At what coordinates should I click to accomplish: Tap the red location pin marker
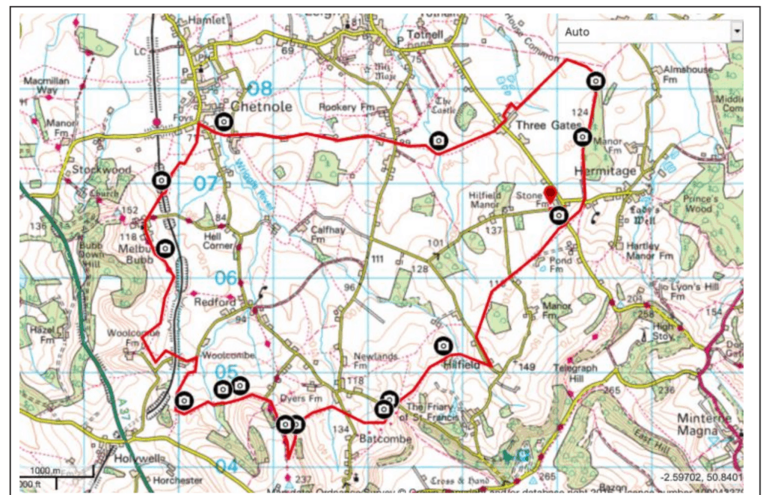click(x=551, y=194)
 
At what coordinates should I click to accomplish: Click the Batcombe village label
click(x=385, y=439)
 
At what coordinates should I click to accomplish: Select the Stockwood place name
click(x=102, y=170)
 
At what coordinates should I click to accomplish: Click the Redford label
click(x=215, y=302)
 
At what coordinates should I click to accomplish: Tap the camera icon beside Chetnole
click(x=223, y=121)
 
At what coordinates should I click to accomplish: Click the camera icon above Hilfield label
click(x=443, y=345)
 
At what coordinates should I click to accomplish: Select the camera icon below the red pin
click(x=558, y=216)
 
